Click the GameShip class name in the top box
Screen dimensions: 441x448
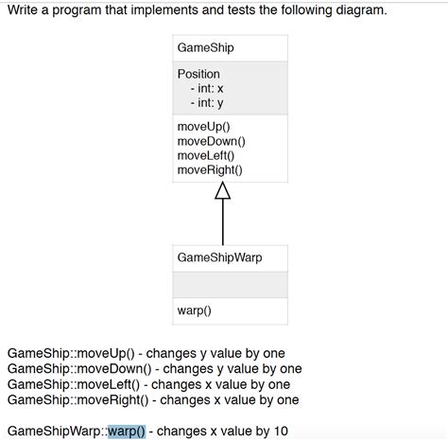click(205, 47)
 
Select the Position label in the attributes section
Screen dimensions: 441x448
click(198, 74)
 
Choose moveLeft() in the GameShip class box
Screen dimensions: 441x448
click(206, 155)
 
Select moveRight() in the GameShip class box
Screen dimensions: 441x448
click(210, 169)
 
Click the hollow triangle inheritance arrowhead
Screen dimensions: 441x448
click(223, 191)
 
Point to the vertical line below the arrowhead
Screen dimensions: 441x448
click(223, 222)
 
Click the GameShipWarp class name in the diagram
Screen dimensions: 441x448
click(219, 257)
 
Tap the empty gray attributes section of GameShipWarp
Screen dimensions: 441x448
click(231, 284)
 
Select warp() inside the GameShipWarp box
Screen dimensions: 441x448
click(194, 309)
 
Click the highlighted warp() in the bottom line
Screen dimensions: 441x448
click(127, 431)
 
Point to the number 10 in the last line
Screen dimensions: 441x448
click(281, 431)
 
